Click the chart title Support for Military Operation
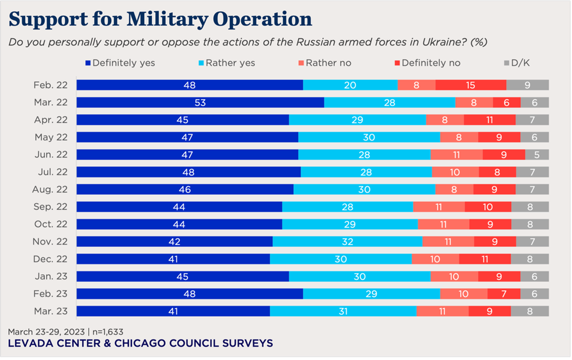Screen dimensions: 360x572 click(x=160, y=19)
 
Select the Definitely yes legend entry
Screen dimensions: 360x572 click(x=120, y=63)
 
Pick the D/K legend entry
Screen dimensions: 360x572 click(x=520, y=63)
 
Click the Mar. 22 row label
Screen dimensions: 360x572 click(x=51, y=102)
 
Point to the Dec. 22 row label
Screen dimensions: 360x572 click(x=51, y=259)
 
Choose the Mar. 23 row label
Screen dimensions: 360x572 click(x=51, y=312)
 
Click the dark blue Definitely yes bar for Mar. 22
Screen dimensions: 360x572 click(x=200, y=103)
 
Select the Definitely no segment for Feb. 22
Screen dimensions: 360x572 click(x=470, y=85)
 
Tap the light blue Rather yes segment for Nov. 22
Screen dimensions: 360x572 click(x=347, y=242)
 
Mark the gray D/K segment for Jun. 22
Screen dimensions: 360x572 click(x=537, y=155)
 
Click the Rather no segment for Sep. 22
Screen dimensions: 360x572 click(x=439, y=207)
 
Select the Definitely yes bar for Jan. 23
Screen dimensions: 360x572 click(x=183, y=277)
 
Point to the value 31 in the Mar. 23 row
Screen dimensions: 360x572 click(x=343, y=312)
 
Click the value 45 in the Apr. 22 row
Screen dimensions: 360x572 click(x=183, y=120)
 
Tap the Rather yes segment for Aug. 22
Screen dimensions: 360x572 click(x=364, y=190)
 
